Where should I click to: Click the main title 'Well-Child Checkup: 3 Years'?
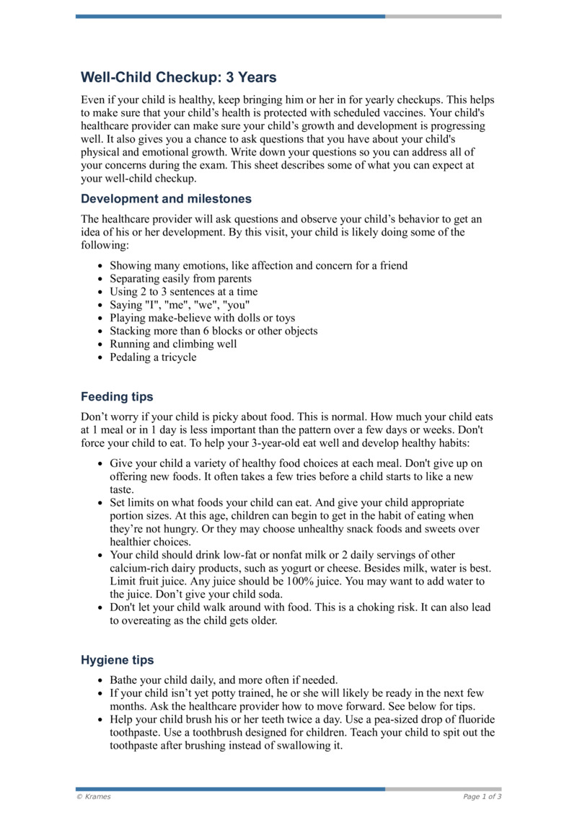[178, 77]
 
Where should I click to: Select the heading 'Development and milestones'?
[166, 198]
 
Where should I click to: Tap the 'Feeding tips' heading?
[117, 396]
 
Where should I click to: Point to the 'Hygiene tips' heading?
[117, 659]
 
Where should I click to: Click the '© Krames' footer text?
[94, 796]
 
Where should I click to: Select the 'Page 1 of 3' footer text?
[482, 796]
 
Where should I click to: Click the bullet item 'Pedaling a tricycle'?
[153, 357]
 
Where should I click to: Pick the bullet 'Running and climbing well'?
[173, 344]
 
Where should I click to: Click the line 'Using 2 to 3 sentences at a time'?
[183, 291]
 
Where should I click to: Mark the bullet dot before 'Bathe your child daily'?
[99, 680]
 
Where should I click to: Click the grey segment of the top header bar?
[443, 16]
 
